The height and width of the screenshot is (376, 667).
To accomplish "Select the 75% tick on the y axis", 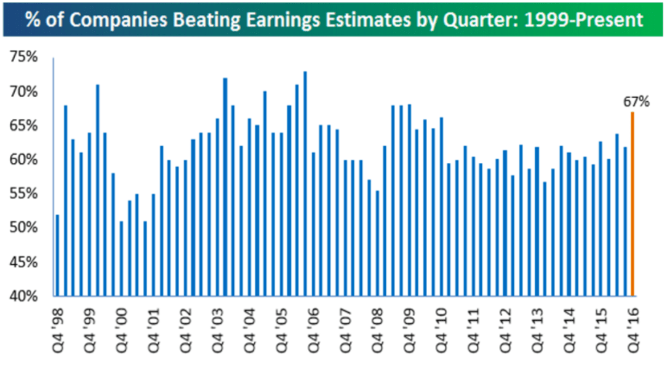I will pyautogui.click(x=24, y=57).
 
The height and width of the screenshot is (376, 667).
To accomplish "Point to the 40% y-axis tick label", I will pyautogui.click(x=24, y=296).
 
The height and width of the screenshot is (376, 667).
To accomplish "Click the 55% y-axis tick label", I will pyautogui.click(x=24, y=194).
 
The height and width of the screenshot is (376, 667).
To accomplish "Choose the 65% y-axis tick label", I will pyautogui.click(x=24, y=126).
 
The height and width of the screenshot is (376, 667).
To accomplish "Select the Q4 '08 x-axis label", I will pyautogui.click(x=377, y=331).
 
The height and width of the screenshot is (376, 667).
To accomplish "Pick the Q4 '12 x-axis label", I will pyautogui.click(x=505, y=331).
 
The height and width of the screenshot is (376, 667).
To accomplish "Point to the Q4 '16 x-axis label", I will pyautogui.click(x=632, y=331).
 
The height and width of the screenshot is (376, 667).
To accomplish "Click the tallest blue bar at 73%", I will pyautogui.click(x=305, y=184).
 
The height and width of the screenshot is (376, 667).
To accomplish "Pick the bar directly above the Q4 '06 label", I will pyautogui.click(x=313, y=225).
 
